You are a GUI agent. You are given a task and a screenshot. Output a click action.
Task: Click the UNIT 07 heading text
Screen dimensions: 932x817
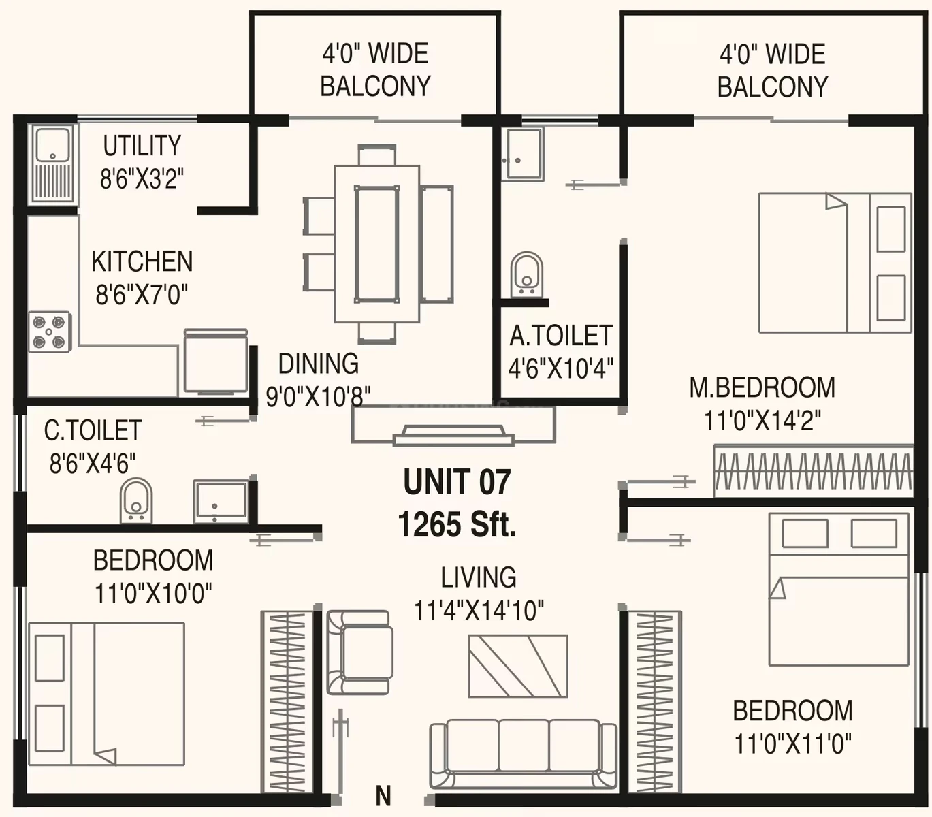pyautogui.click(x=457, y=481)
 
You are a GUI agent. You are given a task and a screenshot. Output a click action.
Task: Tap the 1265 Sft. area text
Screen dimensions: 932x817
pyautogui.click(x=457, y=524)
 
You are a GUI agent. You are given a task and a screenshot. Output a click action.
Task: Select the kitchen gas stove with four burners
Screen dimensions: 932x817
pyautogui.click(x=50, y=332)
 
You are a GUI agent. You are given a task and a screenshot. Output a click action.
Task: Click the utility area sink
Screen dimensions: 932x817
pyautogui.click(x=52, y=164)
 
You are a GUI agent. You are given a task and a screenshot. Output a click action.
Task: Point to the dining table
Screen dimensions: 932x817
pyautogui.click(x=376, y=244)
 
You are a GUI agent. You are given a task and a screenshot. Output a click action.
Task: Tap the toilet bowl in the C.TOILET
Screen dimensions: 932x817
pyautogui.click(x=136, y=500)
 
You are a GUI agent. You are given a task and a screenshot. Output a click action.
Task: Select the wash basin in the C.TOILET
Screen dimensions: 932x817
pyautogui.click(x=221, y=501)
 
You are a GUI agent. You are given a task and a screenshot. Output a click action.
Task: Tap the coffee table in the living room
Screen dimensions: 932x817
pyautogui.click(x=518, y=666)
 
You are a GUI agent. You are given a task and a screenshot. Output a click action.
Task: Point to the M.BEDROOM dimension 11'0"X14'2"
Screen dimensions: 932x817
pyautogui.click(x=762, y=420)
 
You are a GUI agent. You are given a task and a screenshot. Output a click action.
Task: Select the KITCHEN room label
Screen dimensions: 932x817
pyautogui.click(x=142, y=261)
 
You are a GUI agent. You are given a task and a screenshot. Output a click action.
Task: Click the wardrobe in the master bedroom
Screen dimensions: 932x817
pyautogui.click(x=814, y=470)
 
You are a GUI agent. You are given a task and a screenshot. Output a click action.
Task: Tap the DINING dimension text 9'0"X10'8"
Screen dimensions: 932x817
pyautogui.click(x=319, y=396)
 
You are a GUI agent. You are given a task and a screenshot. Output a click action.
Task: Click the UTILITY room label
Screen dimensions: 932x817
pyautogui.click(x=142, y=146)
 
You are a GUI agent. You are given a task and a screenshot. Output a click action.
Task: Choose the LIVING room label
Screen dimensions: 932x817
pyautogui.click(x=479, y=577)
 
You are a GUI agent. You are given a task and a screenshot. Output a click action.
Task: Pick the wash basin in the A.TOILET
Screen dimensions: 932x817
pyautogui.click(x=524, y=154)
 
